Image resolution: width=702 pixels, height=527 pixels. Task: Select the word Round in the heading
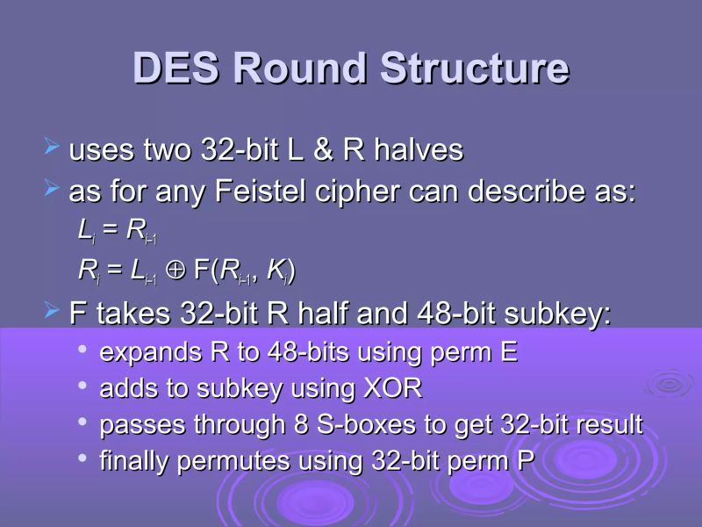click(301, 69)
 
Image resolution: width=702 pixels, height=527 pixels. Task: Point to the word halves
click(419, 150)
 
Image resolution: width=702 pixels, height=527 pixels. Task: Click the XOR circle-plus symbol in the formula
click(175, 272)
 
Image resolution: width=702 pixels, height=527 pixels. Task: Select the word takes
click(133, 313)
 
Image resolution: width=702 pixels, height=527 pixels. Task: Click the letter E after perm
click(509, 353)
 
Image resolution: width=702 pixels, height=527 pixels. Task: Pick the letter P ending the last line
click(525, 460)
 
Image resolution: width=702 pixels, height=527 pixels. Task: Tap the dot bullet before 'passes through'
click(82, 422)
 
